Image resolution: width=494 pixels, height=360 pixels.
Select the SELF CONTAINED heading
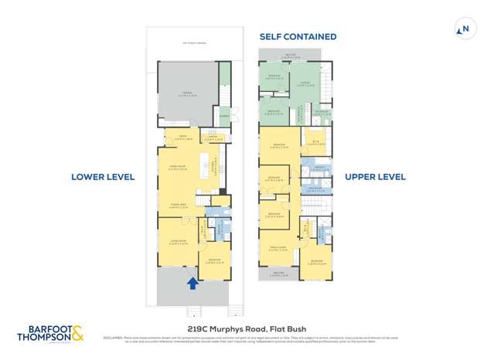298,36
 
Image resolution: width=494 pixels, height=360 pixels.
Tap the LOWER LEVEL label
103,177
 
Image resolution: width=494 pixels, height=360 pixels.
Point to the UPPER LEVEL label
375,177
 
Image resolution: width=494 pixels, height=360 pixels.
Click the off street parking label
189,44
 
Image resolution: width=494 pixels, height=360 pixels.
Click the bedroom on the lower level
214,260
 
